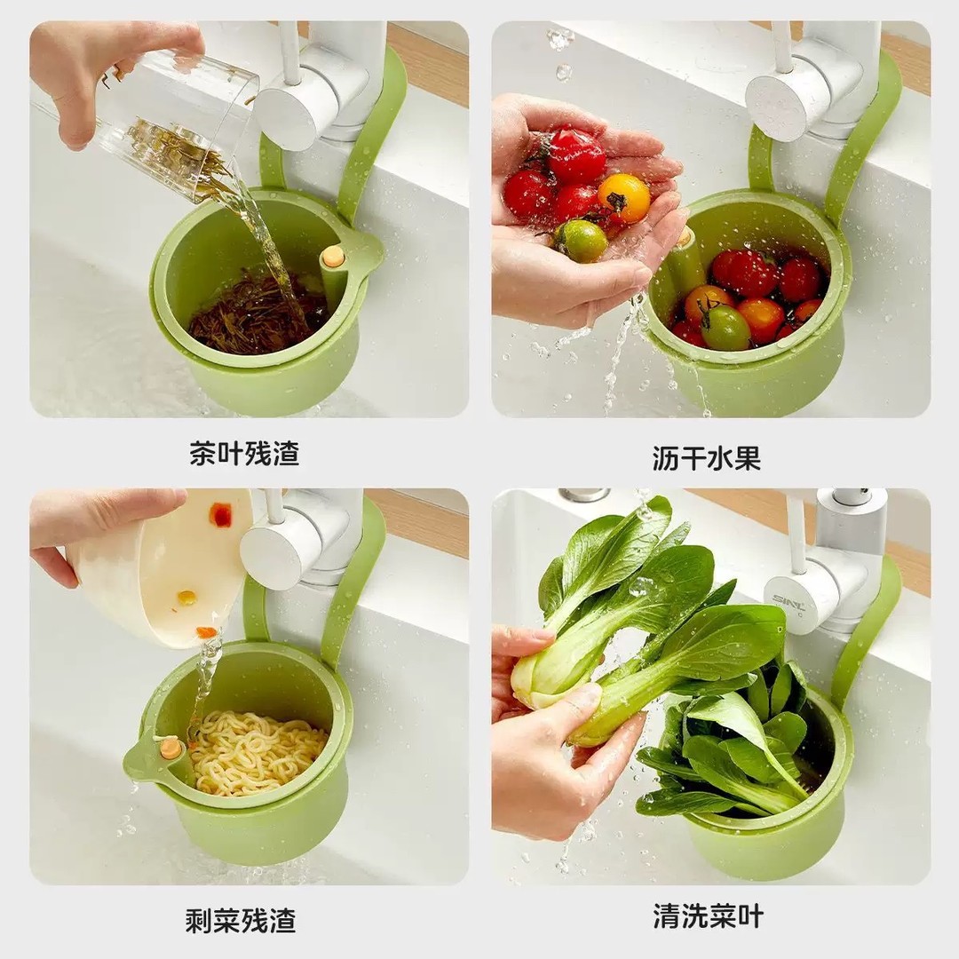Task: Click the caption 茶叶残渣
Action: coord(244,454)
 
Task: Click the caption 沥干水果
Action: coord(706,458)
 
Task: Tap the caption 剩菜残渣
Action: coord(240,920)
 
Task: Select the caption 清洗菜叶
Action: coord(708,916)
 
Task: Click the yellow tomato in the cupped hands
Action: coord(624,197)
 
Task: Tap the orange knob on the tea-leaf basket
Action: coord(333,257)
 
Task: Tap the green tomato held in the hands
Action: coord(582,240)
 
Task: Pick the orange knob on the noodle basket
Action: coord(171,749)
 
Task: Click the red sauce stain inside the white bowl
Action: coord(219,514)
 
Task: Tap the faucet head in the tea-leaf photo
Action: coord(297,111)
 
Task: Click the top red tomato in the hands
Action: coord(575,155)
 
